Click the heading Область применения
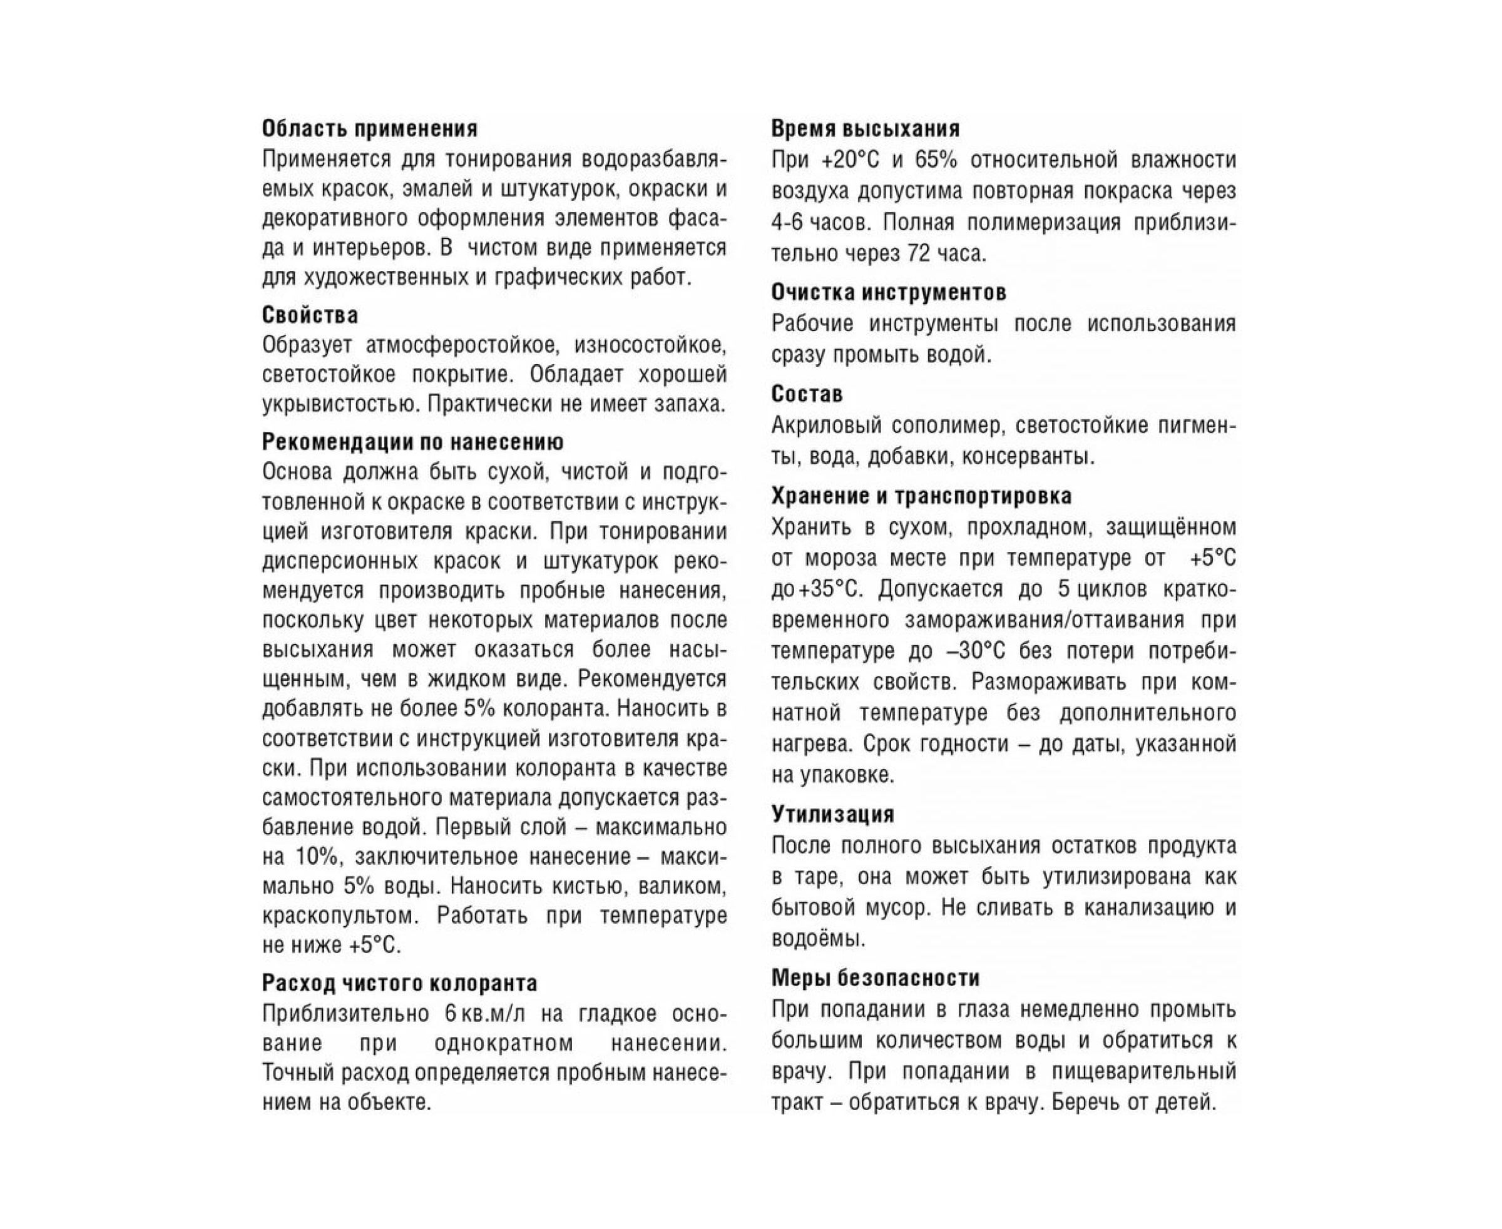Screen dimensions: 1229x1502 [370, 129]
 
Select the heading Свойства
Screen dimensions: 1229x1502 [310, 315]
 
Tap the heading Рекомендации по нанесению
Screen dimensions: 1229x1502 [413, 442]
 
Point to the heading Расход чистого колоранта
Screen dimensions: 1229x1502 [399, 983]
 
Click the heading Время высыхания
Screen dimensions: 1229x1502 [866, 129]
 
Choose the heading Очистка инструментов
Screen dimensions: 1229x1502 [889, 292]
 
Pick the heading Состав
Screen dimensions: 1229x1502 [807, 394]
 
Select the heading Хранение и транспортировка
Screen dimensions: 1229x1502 [921, 496]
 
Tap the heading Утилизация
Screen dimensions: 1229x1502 [833, 814]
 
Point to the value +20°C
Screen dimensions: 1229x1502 [850, 161]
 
